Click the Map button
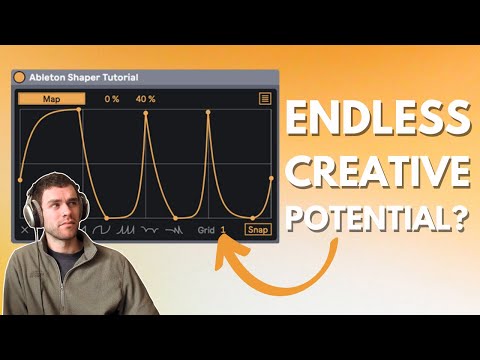(51, 99)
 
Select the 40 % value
(146, 99)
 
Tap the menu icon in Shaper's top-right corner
(265, 99)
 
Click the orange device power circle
(19, 77)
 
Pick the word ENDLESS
(377, 122)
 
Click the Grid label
(206, 230)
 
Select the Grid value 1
(223, 230)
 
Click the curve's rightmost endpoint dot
(271, 180)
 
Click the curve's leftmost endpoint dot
(20, 180)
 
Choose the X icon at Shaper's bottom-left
(25, 230)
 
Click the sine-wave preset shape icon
(102, 230)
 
